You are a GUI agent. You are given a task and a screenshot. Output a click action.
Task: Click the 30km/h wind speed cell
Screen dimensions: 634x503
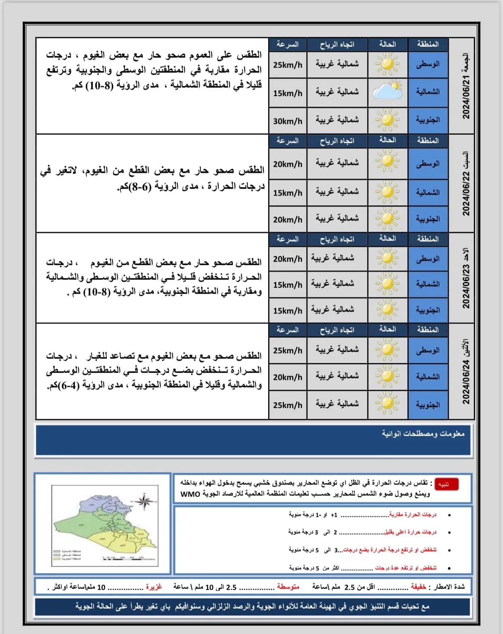288,121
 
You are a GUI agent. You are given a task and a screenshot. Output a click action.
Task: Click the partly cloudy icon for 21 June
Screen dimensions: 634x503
388,92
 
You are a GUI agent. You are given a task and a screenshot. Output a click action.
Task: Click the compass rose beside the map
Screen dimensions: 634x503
144,502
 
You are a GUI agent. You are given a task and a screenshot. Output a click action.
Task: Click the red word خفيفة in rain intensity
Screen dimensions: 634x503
418,587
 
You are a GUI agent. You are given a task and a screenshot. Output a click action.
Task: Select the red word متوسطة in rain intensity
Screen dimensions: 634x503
288,587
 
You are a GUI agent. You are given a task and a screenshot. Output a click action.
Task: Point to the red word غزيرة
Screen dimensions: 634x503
154,587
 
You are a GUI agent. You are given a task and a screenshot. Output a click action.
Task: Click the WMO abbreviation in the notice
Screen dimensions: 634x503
190,494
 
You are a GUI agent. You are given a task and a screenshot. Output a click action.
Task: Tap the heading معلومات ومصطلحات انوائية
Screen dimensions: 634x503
423,433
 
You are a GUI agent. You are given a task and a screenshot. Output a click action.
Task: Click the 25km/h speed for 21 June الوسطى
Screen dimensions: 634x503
288,65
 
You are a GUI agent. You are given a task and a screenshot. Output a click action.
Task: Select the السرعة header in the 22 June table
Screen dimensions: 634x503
288,141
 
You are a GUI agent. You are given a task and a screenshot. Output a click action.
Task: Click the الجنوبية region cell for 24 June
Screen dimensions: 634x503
428,405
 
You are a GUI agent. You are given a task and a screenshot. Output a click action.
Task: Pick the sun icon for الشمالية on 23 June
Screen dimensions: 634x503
388,284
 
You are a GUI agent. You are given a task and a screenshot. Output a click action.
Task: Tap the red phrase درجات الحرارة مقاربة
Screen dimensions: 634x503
413,514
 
